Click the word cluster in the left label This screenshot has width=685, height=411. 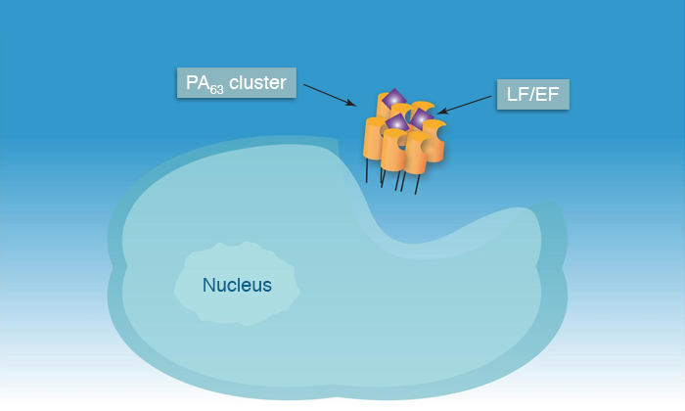[x=257, y=82]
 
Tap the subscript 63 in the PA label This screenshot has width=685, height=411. [x=216, y=90]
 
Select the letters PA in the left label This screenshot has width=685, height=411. [x=198, y=82]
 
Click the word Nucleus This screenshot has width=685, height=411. [x=237, y=285]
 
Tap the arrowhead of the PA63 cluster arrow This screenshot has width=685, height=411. [x=350, y=103]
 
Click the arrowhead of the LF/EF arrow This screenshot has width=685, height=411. [x=442, y=111]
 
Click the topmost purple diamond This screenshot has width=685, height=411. [x=394, y=99]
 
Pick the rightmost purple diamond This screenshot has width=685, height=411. [x=421, y=118]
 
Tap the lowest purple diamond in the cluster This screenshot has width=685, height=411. [x=397, y=122]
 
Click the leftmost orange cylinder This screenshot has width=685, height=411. [x=373, y=138]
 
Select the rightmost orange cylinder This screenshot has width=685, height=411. [x=434, y=141]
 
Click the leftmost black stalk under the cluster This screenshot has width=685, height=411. [x=367, y=170]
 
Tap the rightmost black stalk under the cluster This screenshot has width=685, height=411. [x=417, y=184]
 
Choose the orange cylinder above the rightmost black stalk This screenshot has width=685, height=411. [x=415, y=153]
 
